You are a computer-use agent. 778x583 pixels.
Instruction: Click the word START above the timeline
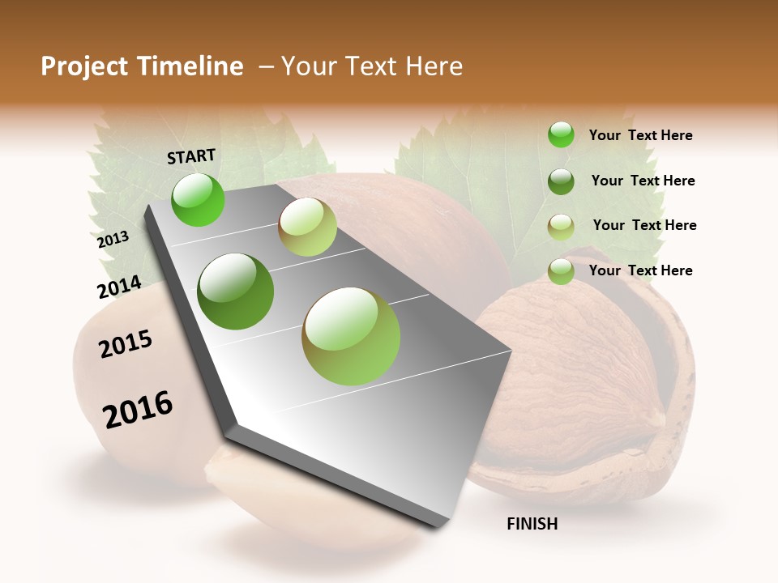click(191, 156)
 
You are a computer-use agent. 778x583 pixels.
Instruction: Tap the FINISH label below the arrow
click(532, 524)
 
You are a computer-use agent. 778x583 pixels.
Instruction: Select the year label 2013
click(113, 240)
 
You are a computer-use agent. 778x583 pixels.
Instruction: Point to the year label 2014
click(119, 287)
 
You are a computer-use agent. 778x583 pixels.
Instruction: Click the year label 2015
click(126, 344)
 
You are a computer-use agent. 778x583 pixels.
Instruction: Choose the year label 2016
click(138, 409)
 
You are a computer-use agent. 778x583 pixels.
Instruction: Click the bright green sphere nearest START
click(198, 199)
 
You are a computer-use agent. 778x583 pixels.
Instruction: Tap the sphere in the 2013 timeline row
click(307, 227)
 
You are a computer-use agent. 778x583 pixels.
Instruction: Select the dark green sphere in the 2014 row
click(236, 291)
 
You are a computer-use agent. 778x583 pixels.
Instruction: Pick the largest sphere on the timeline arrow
click(351, 336)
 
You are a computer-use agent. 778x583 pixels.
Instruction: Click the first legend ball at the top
click(561, 135)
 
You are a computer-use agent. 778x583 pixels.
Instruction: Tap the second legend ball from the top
click(561, 181)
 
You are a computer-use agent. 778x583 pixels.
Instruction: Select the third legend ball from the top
click(561, 227)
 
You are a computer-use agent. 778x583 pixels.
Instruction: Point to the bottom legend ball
click(561, 271)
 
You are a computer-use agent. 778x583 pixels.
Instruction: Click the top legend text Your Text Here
click(640, 135)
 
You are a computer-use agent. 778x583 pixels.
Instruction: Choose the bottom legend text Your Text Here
click(640, 270)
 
